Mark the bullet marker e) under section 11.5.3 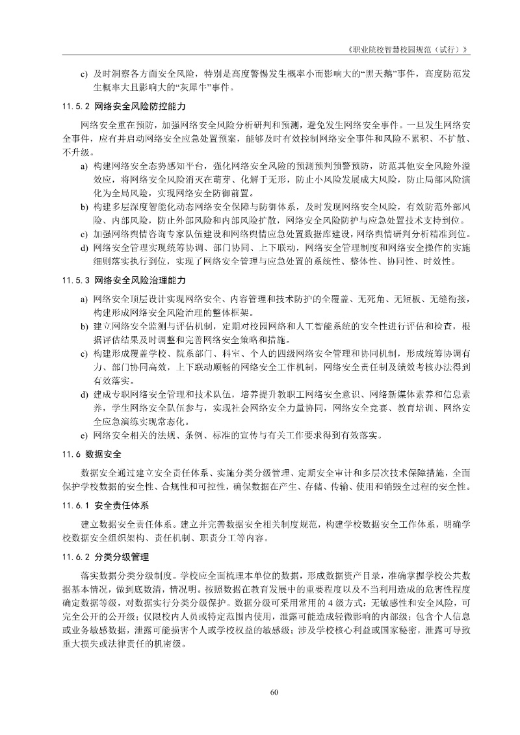84,435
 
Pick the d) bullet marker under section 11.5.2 84,248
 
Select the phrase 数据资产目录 359,576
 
